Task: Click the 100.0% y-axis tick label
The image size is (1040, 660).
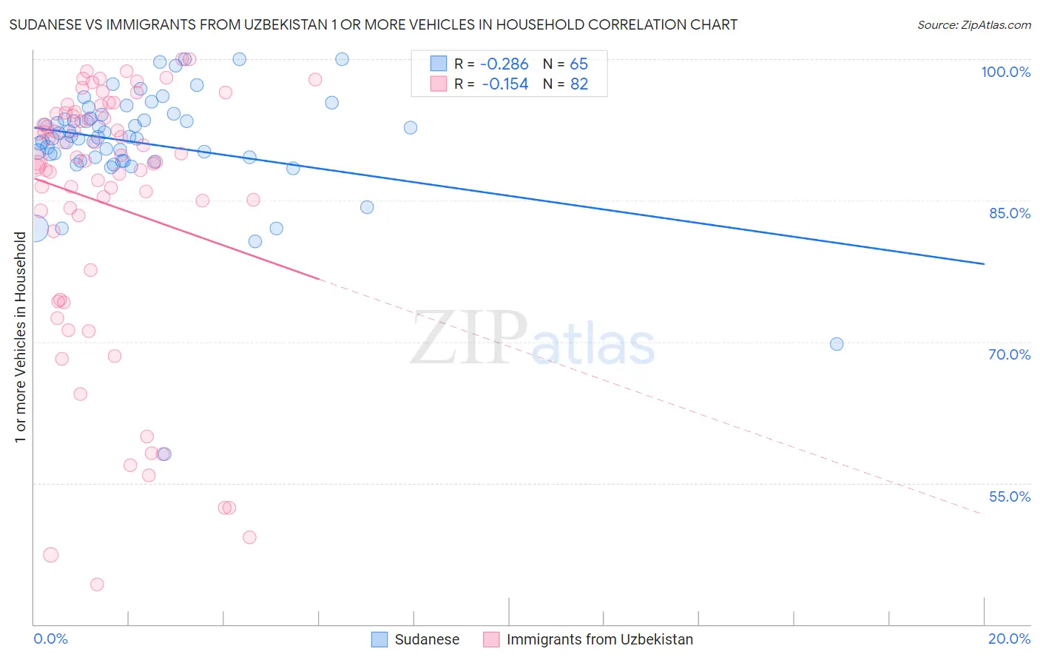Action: (1005, 72)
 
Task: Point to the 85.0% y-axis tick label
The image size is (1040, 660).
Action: (1009, 213)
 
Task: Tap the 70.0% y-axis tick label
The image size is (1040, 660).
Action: (1009, 354)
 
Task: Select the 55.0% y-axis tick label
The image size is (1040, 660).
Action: (1009, 496)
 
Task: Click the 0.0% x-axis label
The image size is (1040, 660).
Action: (50, 639)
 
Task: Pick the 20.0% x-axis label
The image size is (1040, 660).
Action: (1009, 639)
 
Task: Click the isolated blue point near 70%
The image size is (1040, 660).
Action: (837, 344)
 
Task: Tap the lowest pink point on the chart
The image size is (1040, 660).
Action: (97, 585)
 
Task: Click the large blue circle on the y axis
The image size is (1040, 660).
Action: (34, 229)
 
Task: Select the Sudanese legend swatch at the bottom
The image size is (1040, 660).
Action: (379, 639)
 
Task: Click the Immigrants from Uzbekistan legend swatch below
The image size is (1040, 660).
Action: (491, 639)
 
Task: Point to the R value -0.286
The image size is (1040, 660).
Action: (504, 64)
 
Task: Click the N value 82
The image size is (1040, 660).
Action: (578, 84)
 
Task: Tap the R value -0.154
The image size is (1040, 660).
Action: (504, 84)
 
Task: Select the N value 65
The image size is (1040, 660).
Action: (578, 64)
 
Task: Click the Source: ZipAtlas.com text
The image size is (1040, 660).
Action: (973, 25)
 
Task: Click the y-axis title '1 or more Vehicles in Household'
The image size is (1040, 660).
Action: (20, 337)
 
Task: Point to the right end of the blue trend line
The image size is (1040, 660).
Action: (984, 263)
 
